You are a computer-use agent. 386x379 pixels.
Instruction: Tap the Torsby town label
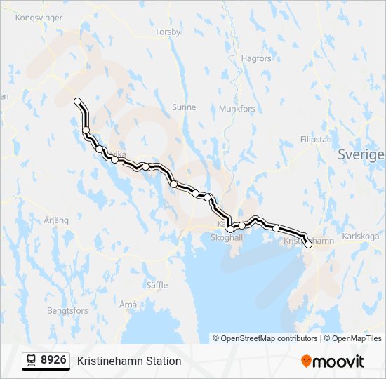point(168,32)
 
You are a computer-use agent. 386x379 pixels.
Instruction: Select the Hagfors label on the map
point(255,59)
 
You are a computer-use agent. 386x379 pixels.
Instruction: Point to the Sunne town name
point(184,107)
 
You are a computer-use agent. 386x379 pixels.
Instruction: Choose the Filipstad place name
point(315,140)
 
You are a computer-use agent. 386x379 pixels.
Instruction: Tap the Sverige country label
point(361,154)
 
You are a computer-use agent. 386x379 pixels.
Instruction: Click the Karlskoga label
point(361,237)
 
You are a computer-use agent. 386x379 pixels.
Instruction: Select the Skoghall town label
point(227,238)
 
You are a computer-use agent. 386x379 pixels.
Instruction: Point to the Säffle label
point(157,286)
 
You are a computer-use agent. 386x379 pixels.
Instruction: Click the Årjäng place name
point(56,220)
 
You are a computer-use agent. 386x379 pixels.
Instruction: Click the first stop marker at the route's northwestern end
point(78,101)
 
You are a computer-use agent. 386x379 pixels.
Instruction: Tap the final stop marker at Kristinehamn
point(308,244)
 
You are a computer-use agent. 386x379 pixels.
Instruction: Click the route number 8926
point(54,361)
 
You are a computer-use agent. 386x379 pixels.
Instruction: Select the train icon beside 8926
point(32,361)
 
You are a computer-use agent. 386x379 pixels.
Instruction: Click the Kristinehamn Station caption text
point(129,361)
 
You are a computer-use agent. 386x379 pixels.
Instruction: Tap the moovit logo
point(333,361)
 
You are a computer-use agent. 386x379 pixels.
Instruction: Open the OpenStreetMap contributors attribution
point(266,338)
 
